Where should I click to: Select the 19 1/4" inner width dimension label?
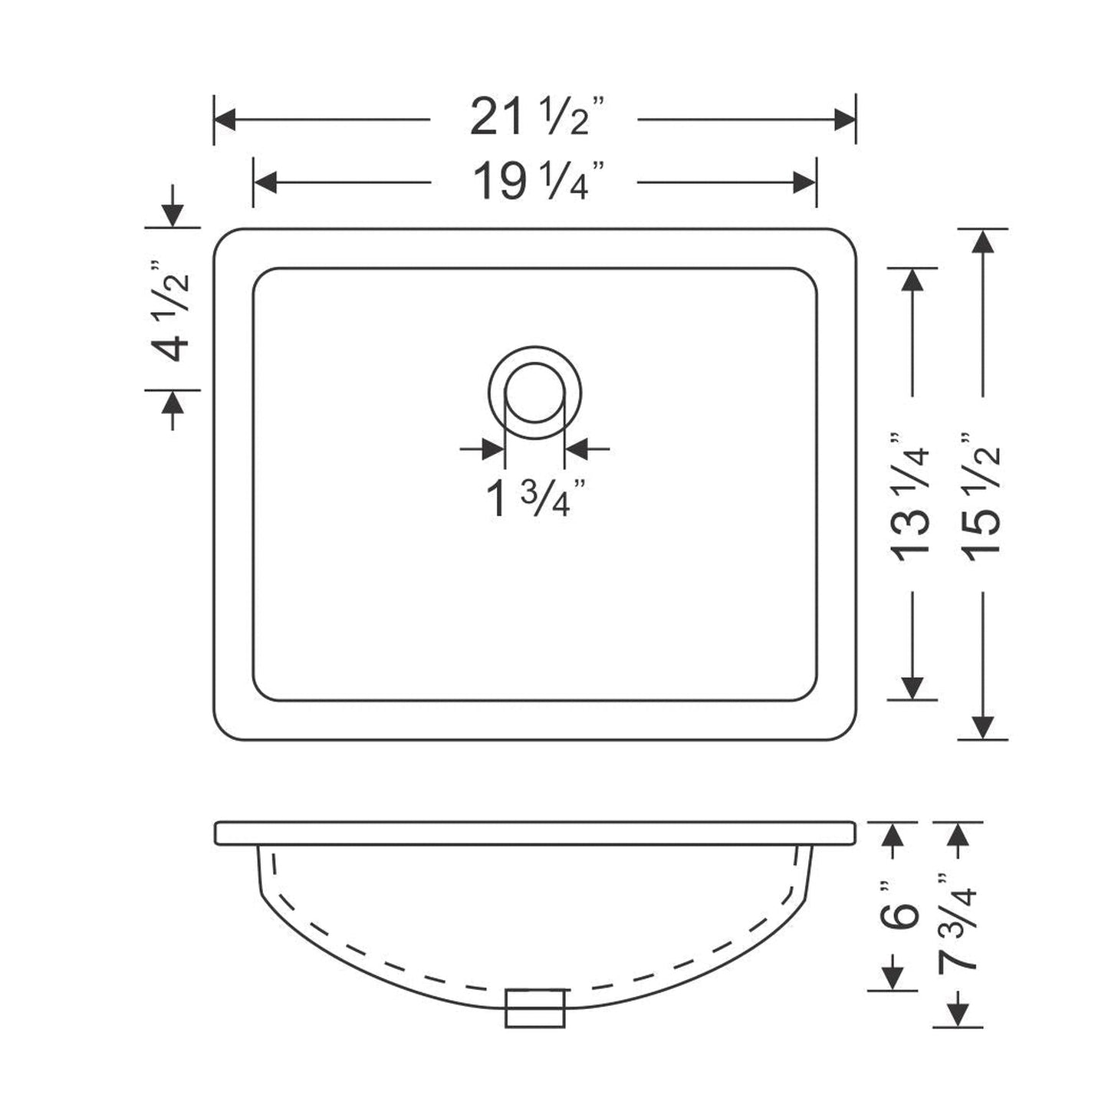(x=534, y=182)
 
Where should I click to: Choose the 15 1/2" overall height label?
(x=982, y=495)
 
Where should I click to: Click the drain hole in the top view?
(x=534, y=393)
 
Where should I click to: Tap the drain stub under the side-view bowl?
(x=534, y=1008)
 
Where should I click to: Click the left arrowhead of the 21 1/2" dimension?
(x=225, y=120)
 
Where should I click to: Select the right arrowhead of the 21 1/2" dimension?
(x=845, y=120)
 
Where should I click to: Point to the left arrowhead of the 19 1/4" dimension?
(x=265, y=182)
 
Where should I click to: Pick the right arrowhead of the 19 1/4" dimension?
(x=805, y=182)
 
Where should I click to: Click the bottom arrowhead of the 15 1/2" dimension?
(x=982, y=728)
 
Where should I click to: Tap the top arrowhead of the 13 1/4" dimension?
(x=912, y=280)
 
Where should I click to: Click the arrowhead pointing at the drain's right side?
(x=575, y=449)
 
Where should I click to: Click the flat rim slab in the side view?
(x=534, y=833)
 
